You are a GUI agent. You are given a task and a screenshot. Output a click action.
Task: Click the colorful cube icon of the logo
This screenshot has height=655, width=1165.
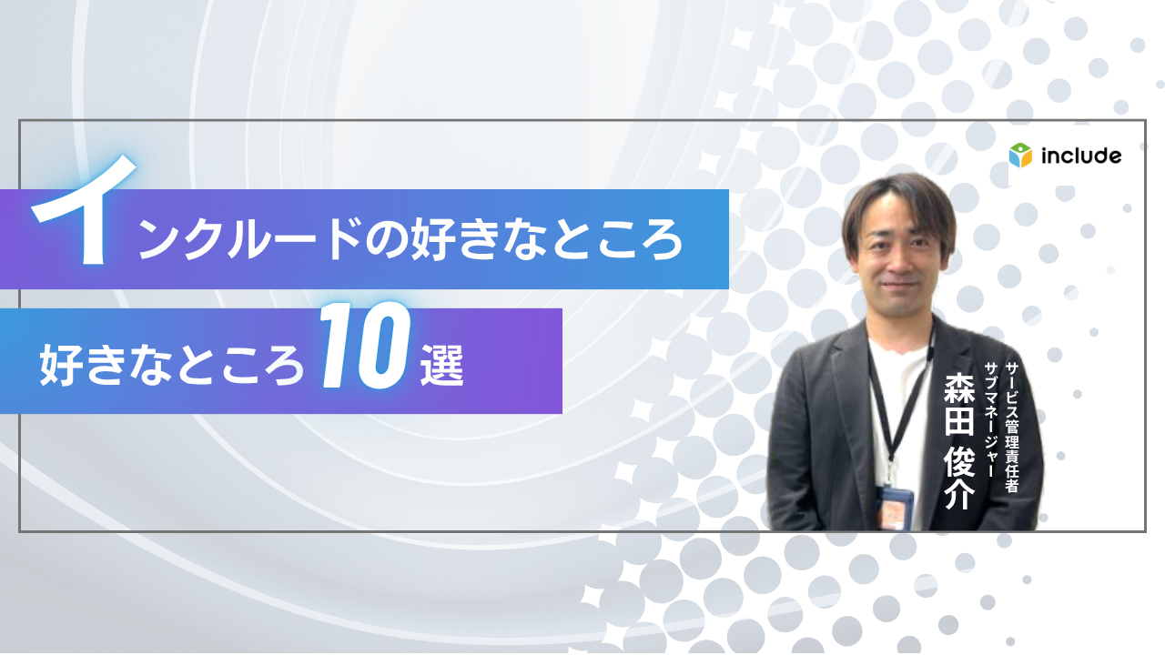[1020, 156]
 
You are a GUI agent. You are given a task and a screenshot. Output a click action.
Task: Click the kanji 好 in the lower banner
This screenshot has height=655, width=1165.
[62, 367]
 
